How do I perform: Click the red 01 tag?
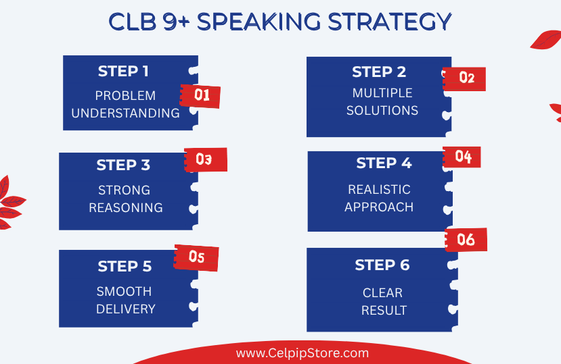tap(200, 96)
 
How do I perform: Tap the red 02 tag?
tap(464, 78)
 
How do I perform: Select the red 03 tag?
tap(206, 159)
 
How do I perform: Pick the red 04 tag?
tap(462, 157)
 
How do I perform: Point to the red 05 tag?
tap(196, 257)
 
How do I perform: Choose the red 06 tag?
tap(466, 240)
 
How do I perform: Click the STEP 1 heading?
tap(123, 71)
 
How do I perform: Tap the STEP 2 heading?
tap(379, 72)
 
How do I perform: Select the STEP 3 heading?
tap(123, 165)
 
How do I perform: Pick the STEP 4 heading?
tap(384, 163)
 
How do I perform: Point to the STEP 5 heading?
tap(125, 266)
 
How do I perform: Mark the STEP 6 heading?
tap(382, 265)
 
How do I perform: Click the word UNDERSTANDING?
tap(126, 113)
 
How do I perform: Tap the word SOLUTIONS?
tap(382, 111)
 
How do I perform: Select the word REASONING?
tap(126, 208)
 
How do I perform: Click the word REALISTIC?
tap(379, 190)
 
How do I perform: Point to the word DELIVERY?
tap(126, 309)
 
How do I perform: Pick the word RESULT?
tap(384, 311)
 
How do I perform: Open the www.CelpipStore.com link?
tap(302, 353)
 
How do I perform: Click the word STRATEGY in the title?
tap(390, 22)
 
